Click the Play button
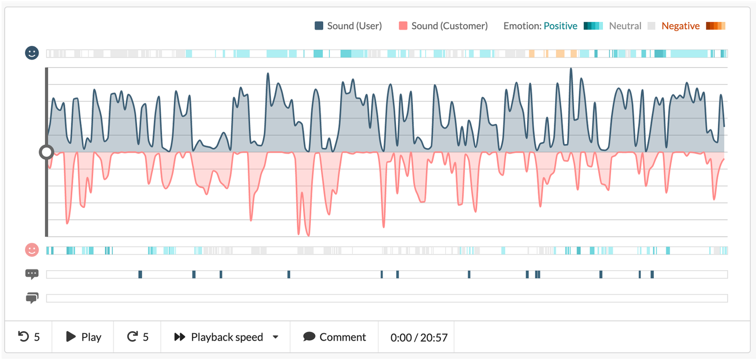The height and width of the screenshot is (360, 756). [x=83, y=337]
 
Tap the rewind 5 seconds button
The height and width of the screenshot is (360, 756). [x=28, y=337]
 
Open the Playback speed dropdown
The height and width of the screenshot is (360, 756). [x=226, y=337]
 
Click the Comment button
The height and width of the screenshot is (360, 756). [x=334, y=337]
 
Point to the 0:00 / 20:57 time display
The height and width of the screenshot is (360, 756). [x=419, y=337]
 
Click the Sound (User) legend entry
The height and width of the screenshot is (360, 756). [x=348, y=26]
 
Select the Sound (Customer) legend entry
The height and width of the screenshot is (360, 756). [x=443, y=26]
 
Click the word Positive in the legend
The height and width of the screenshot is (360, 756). [x=560, y=26]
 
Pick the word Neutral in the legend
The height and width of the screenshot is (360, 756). [x=625, y=26]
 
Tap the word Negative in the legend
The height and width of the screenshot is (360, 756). [x=680, y=26]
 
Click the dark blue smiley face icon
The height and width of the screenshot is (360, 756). [x=32, y=53]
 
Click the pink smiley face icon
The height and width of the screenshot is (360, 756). [x=32, y=250]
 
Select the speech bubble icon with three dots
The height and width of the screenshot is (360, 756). [x=32, y=274]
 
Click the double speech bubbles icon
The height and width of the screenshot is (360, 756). [x=32, y=298]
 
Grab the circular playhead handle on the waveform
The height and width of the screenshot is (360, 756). [x=46, y=152]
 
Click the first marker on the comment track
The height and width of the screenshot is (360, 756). [x=140, y=274]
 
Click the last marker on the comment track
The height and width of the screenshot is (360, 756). [x=652, y=274]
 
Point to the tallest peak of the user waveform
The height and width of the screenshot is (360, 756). [x=571, y=69]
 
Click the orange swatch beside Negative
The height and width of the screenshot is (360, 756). [x=715, y=26]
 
